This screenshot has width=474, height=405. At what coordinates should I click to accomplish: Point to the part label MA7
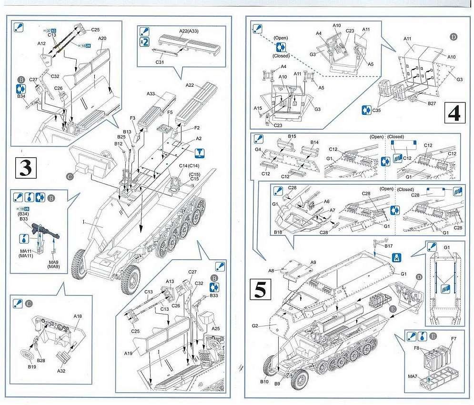(413, 377)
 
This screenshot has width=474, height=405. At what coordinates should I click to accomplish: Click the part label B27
(432, 103)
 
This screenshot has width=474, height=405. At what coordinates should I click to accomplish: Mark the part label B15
(292, 136)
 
